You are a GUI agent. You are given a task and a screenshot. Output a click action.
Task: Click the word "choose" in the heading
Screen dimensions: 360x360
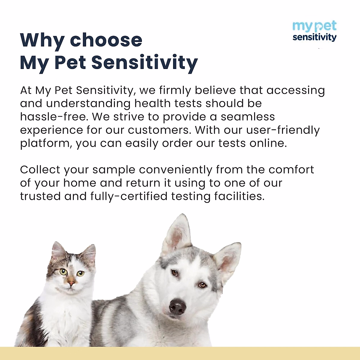click(x=106, y=40)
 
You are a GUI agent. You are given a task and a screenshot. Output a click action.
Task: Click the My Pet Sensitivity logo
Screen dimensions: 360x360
click(x=314, y=31)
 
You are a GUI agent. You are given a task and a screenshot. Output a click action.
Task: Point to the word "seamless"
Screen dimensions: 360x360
click(x=248, y=117)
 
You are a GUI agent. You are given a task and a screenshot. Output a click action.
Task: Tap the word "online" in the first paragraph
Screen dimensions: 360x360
click(x=267, y=143)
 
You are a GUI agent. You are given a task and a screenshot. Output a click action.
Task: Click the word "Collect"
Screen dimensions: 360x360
click(x=40, y=169)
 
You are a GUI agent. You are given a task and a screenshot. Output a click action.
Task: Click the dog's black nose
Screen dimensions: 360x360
click(x=178, y=306)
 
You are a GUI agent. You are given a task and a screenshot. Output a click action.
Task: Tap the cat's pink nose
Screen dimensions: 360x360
click(x=71, y=282)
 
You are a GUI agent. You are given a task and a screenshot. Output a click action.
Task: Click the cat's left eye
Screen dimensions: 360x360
click(x=63, y=272)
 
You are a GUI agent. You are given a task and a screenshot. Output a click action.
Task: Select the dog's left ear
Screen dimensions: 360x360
click(x=178, y=232)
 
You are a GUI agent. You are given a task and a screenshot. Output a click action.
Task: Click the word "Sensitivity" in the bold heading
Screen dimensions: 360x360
click(x=144, y=62)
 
